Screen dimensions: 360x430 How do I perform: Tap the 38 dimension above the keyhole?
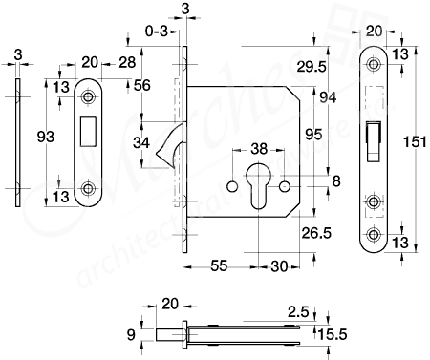coord(259,149)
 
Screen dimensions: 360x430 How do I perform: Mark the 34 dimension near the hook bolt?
coord(141,143)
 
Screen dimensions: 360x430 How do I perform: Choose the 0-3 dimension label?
coord(153,32)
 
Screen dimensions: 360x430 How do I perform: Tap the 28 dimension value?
coord(125,63)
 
